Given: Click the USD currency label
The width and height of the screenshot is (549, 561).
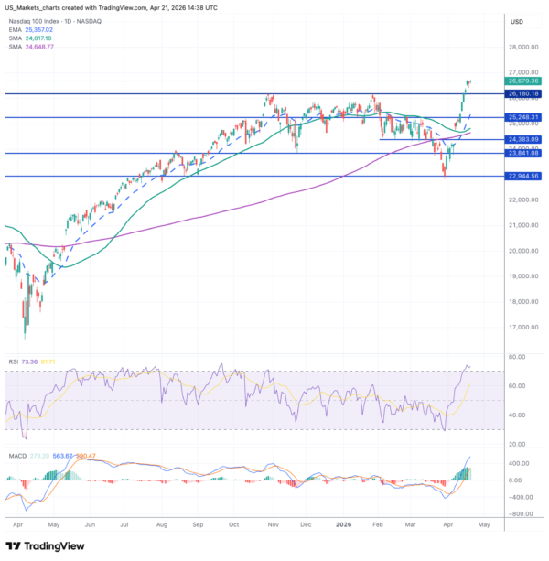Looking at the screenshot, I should coord(517,20).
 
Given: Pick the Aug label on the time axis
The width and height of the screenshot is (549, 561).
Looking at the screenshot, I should coord(161,524).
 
